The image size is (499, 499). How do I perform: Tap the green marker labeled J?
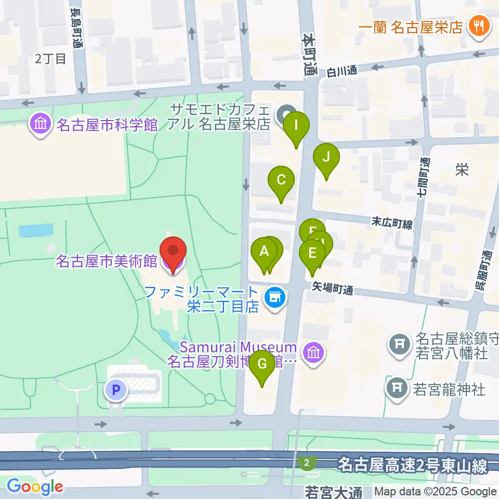point(326,157)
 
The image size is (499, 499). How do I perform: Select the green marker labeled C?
point(281,181)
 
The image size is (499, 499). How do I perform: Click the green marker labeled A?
point(264,252)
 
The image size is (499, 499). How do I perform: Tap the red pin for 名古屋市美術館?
point(173,251)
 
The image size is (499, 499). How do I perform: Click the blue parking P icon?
point(116,389)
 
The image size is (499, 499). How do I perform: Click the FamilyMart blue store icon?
point(274,298)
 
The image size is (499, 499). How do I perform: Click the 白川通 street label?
point(342,71)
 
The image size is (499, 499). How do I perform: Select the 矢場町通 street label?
point(333,287)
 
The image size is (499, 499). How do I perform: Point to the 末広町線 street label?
point(392,224)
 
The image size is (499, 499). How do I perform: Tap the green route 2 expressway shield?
point(308,462)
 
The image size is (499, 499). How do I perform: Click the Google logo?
point(35,487)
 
